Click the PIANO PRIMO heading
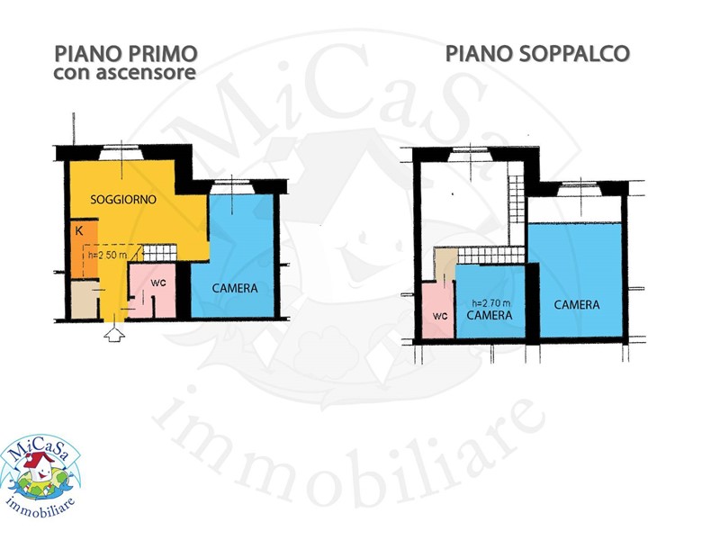coord(126,54)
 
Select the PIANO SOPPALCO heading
coord(537,54)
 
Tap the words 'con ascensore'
coord(125,73)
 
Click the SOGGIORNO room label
coord(123,199)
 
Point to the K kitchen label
coord(79,231)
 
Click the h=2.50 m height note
coord(107,255)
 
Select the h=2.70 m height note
coord(490,303)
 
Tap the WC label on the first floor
coord(158,283)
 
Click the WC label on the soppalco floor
coord(440,317)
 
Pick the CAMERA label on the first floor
coord(235,288)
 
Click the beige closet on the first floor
coord(85,300)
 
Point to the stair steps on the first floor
coord(160,253)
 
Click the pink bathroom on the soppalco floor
coord(438,310)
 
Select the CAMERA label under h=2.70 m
coord(490,315)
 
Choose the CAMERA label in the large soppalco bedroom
coord(577,304)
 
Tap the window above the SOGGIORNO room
coord(121,152)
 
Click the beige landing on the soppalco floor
coord(445,265)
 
